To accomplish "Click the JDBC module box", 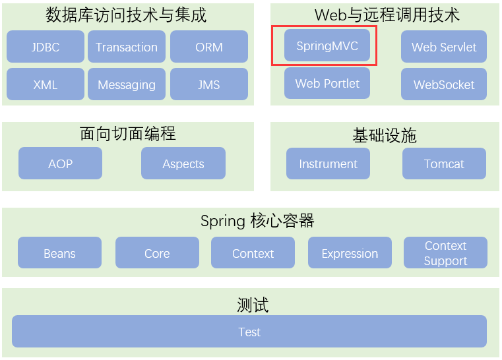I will click(46, 47).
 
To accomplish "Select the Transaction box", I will click(127, 47).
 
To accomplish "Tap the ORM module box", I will click(208, 47).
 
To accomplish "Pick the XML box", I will click(46, 84).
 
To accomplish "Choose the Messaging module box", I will click(127, 84).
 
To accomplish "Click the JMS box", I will click(208, 84).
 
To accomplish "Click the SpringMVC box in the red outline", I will click(327, 45).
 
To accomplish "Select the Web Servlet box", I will click(444, 47).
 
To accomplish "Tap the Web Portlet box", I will click(327, 83).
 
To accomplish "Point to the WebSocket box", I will click(444, 84).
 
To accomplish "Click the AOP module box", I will click(60, 164).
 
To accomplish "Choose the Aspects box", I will click(183, 164).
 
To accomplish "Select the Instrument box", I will click(328, 164).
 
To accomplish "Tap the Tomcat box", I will click(444, 164).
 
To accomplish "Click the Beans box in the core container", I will click(59, 253).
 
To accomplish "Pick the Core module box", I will click(157, 253).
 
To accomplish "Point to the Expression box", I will click(350, 253).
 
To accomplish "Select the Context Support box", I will click(445, 253).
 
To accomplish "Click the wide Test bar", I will click(249, 332).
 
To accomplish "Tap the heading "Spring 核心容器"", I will click(257, 221).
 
